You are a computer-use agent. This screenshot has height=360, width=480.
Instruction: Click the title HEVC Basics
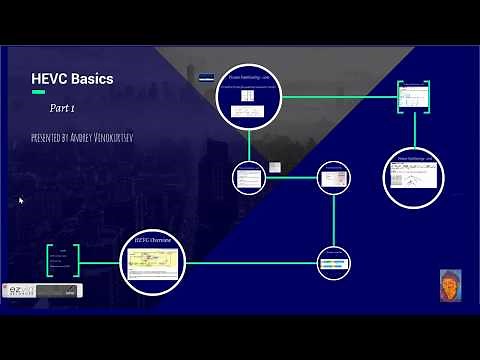[x=73, y=79]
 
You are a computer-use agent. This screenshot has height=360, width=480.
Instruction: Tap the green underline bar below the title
[x=38, y=92]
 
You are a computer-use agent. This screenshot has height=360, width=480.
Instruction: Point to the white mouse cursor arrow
[x=21, y=200]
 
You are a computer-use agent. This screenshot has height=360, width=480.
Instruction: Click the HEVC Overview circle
[x=153, y=263]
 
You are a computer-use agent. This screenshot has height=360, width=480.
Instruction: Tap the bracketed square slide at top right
[x=414, y=98]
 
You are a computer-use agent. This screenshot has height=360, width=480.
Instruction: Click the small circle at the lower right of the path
[x=334, y=263]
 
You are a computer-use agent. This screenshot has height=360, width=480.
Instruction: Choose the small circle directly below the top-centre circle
[x=248, y=178]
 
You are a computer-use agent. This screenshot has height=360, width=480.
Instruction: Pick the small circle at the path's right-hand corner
[x=334, y=178]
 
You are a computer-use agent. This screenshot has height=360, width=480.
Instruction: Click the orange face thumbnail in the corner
[x=450, y=285]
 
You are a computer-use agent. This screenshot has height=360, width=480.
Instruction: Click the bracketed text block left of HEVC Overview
[x=62, y=261]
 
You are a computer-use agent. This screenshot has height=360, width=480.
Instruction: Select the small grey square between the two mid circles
[x=273, y=167]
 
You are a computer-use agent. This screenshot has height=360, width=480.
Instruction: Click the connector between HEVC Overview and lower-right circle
[x=250, y=263]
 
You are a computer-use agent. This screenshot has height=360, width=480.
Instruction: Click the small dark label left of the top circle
[x=206, y=76]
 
